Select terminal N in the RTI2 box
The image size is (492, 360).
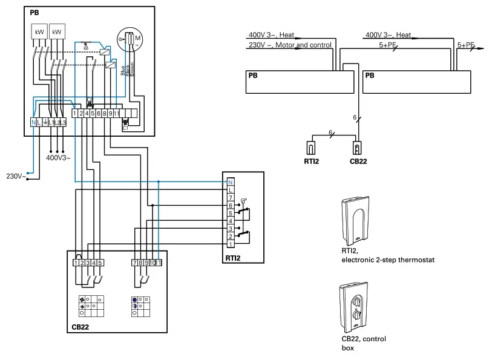[x=230, y=182]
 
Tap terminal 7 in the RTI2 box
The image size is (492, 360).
[x=230, y=198]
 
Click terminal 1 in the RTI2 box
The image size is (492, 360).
[x=230, y=244]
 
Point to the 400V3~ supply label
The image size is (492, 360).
[x=58, y=158]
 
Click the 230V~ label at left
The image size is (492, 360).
[x=15, y=177]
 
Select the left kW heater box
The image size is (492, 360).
[x=39, y=31]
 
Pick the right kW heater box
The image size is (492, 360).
[x=57, y=31]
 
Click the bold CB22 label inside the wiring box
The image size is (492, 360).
[x=80, y=327]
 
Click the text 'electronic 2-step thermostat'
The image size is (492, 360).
[x=387, y=260]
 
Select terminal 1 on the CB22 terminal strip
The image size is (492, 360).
[x=75, y=263]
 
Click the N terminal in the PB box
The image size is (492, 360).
[x=33, y=123]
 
